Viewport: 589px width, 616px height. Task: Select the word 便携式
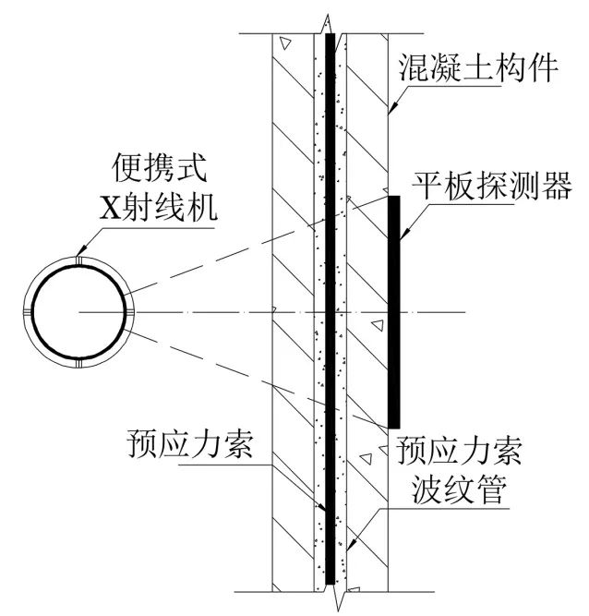pyautogui.click(x=150, y=170)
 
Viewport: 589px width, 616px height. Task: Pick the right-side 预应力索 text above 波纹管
pyautogui.click(x=459, y=453)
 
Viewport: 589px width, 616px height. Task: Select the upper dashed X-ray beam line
pyautogui.click(x=231, y=250)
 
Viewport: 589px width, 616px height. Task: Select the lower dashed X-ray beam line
pyautogui.click(x=231, y=374)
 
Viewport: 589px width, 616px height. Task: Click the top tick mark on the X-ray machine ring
pyautogui.click(x=78, y=264)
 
